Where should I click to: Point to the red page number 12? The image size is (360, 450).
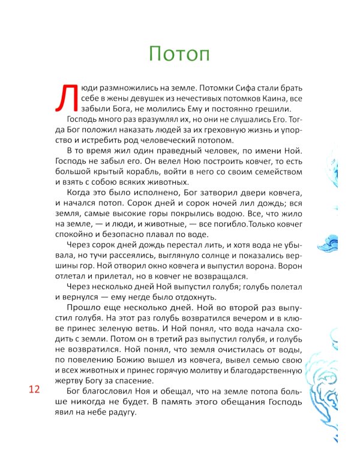tap(34, 390)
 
